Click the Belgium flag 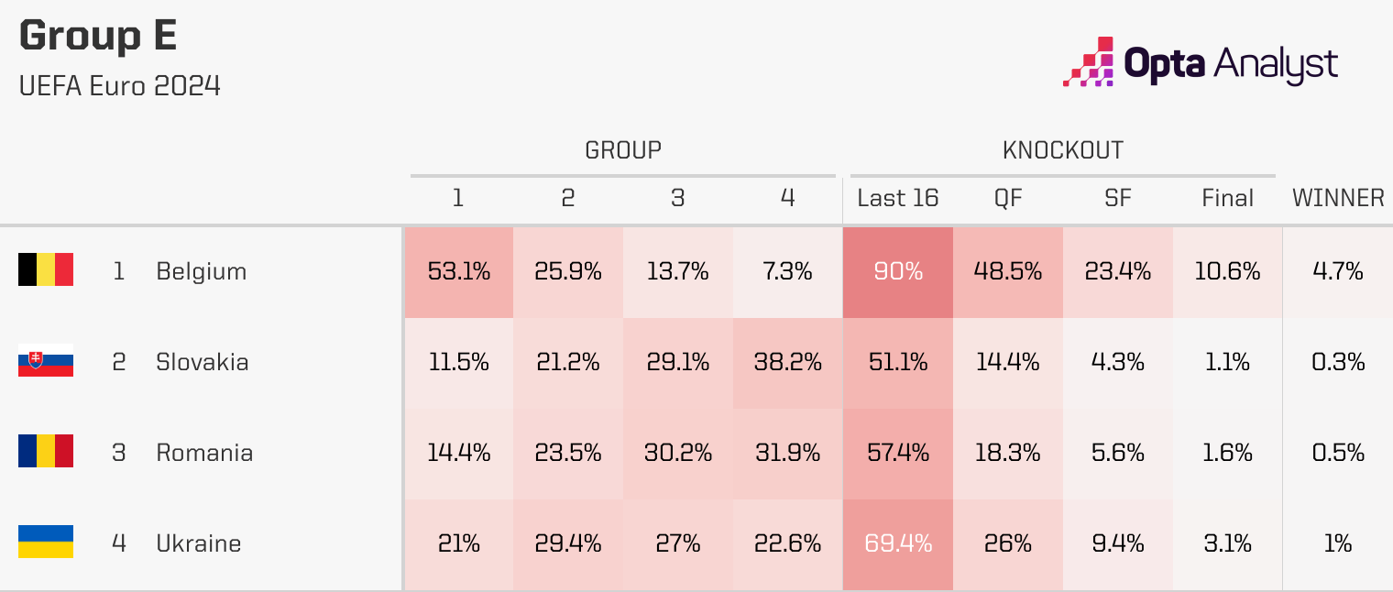(46, 270)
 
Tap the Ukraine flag (46, 543)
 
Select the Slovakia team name (202, 362)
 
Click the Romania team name (204, 453)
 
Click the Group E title (98, 37)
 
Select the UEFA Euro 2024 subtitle (120, 86)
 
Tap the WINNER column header (1338, 198)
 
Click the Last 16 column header (898, 198)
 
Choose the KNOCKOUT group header (1063, 150)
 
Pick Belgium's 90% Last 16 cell (898, 271)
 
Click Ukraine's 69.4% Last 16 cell (898, 543)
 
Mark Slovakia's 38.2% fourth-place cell (788, 362)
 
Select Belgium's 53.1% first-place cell (458, 271)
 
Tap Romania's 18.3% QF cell (1008, 453)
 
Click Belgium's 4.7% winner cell (1338, 271)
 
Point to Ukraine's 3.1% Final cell (1228, 543)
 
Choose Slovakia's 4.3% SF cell (1118, 362)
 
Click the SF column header (1118, 198)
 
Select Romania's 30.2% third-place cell (678, 453)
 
